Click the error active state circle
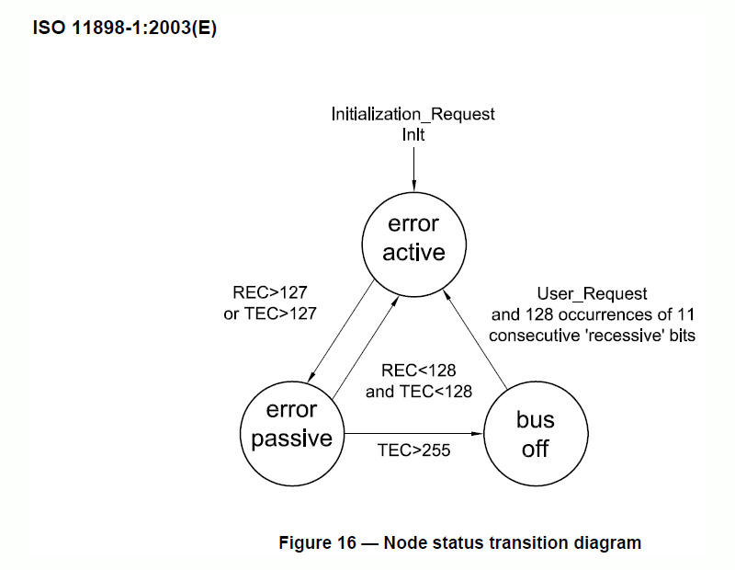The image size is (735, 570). pos(413,238)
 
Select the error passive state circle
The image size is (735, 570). pos(291,424)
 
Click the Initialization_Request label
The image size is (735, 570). pos(413,114)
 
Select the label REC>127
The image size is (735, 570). pos(270,295)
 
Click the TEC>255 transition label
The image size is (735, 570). pos(414,451)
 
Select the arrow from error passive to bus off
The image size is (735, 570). pos(413,431)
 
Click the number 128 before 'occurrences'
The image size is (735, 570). pos(550,315)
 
